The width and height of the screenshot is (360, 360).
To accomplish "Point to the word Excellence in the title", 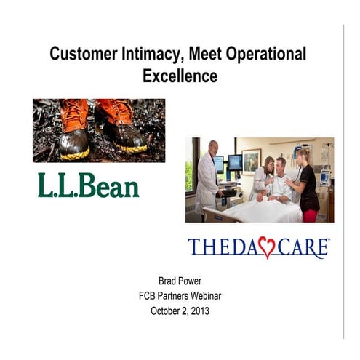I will click(180, 75).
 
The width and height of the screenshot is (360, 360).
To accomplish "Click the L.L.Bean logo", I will click(88, 185).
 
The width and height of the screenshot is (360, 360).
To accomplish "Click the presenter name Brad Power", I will click(180, 280).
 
